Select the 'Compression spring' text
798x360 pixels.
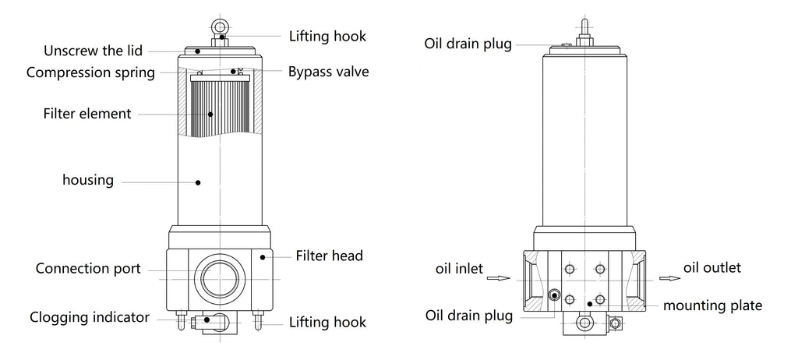[x=90, y=72]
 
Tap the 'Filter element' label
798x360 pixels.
[x=87, y=114]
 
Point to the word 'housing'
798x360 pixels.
[x=88, y=181]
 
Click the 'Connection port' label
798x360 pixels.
[x=89, y=269]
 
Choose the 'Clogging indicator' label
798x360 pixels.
[x=90, y=317]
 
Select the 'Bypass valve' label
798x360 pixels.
[x=328, y=72]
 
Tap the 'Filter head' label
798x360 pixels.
[x=330, y=255]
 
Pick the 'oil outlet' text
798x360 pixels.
[x=711, y=268]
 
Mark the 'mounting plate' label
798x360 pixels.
[x=712, y=305]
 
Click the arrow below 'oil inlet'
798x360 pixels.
[x=497, y=277]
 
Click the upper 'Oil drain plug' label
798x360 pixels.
[x=468, y=44]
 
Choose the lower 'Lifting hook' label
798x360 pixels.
[x=327, y=322]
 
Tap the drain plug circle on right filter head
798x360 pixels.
[x=554, y=295]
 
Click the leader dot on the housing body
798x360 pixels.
[x=198, y=182]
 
